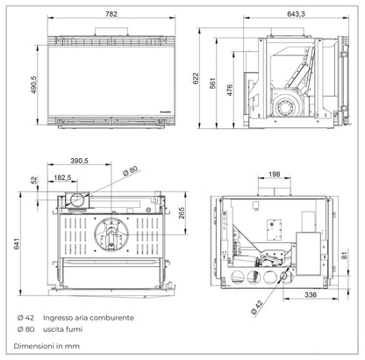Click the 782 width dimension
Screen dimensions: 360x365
pos(110,14)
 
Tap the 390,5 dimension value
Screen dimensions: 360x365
pos(82,162)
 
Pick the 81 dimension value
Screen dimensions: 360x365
pos(350,256)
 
